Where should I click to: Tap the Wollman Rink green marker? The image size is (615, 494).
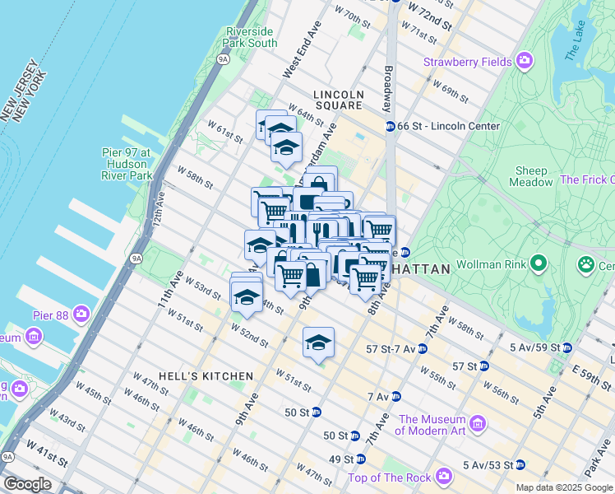539,264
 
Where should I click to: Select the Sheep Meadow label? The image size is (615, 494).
532,176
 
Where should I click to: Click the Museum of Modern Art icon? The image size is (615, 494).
478,424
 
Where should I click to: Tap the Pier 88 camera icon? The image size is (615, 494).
81,314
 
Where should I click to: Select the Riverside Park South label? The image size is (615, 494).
251,37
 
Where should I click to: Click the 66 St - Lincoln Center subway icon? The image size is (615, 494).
391,126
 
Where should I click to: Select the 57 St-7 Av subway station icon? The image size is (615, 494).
422,349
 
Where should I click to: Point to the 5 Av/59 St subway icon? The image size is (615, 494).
567,347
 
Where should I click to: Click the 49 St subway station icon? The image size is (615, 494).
361,459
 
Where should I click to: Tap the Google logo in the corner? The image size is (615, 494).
27,483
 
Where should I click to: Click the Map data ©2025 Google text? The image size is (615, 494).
564,487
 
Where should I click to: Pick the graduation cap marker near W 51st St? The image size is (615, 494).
318,343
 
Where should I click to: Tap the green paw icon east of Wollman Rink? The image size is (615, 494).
585,265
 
